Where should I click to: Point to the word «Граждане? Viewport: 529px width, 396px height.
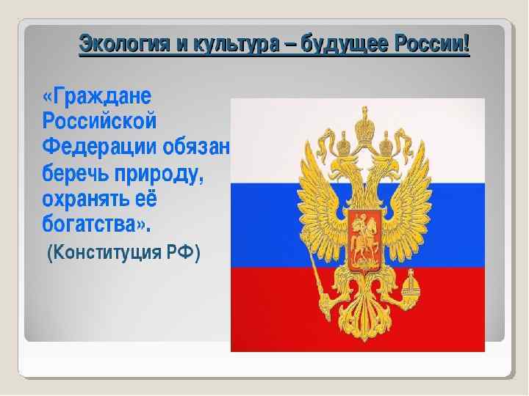point(97,96)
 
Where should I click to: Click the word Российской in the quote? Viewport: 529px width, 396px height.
point(100,121)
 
